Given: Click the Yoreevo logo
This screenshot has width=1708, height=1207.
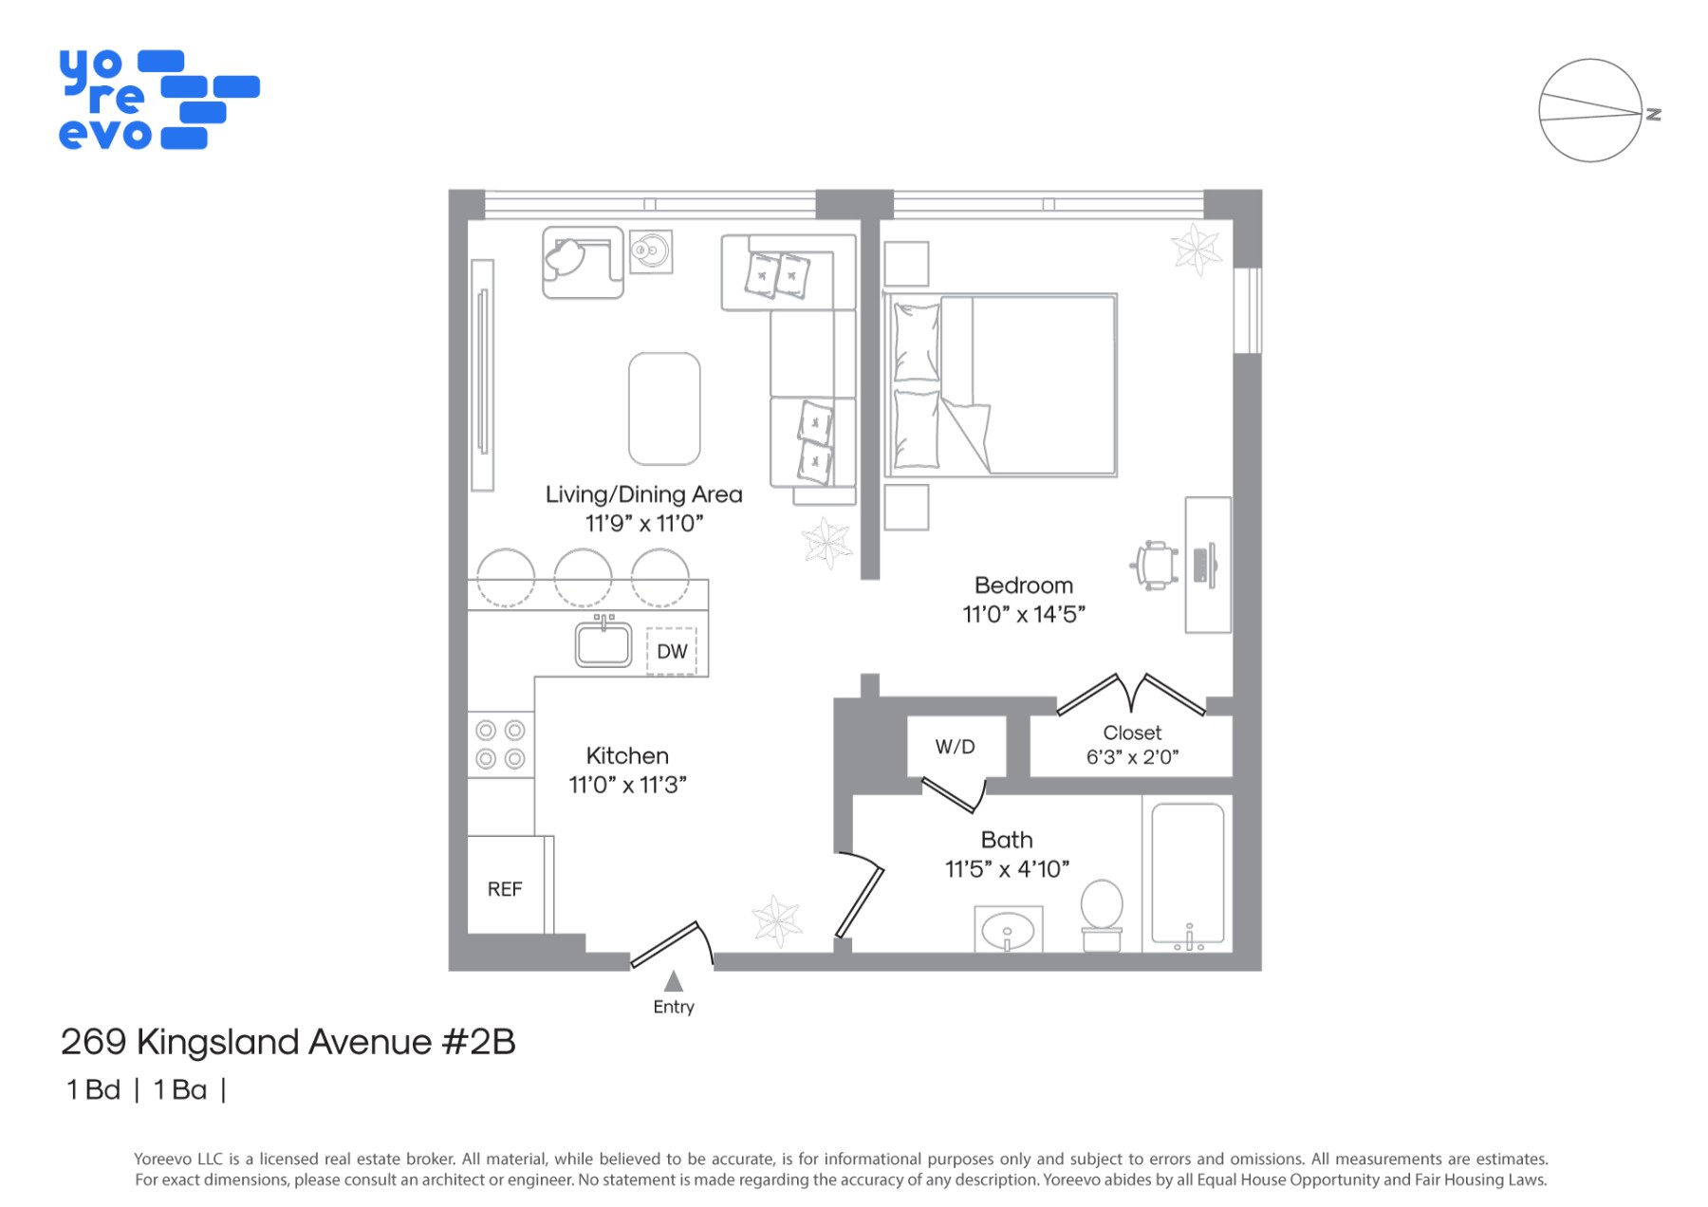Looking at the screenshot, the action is [159, 100].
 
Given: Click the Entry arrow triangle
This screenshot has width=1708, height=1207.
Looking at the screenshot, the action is [674, 980].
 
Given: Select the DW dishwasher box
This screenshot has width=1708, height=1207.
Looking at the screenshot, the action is [672, 652].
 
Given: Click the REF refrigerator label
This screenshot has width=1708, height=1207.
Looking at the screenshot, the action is [505, 889].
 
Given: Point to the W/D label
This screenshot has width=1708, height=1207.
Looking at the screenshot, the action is [956, 747].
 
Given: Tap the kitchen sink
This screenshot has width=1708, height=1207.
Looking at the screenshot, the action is [603, 642].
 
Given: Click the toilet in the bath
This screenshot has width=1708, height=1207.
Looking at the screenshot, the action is [1102, 915].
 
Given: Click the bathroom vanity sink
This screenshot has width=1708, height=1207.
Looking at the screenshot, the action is [1009, 929].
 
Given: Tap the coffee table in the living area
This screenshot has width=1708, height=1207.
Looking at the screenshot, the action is [664, 409].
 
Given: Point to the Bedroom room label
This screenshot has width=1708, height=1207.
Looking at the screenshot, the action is [1024, 585].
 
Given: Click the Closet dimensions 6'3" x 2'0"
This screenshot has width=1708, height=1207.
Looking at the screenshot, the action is [1133, 757].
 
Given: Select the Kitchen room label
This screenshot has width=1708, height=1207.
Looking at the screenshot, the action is [627, 756].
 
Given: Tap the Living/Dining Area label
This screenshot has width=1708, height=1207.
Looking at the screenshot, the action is [644, 494].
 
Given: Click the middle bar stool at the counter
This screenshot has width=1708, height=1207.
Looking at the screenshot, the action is [583, 577].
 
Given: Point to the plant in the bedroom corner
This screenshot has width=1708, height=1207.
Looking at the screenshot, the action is [1196, 249].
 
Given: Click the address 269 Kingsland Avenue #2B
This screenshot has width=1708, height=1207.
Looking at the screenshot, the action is [288, 1042].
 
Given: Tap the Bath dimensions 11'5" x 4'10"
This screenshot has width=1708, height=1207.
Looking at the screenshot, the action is [1007, 869].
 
